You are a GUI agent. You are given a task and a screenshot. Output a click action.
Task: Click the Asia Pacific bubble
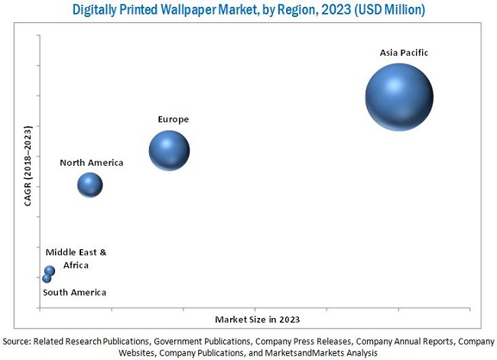(398, 97)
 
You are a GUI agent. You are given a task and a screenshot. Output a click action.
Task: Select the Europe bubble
(169, 151)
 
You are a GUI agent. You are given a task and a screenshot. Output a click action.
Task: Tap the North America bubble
(89, 184)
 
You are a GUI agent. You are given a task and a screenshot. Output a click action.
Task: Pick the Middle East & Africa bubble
(50, 271)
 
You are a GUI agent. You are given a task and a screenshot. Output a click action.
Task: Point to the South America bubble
(47, 278)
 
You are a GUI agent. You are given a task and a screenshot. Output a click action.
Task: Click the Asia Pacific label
(404, 53)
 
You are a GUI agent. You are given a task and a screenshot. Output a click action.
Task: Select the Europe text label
(173, 119)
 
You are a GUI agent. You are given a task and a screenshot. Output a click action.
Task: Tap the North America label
(92, 163)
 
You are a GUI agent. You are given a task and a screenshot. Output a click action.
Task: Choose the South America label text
(74, 293)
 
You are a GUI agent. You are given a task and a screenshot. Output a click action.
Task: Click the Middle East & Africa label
(76, 258)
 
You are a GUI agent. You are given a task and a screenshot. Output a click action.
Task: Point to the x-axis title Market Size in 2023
(257, 319)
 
